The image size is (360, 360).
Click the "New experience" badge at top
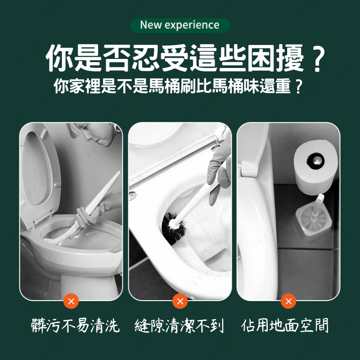coord(180,25)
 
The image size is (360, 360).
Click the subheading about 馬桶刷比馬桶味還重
coord(178,86)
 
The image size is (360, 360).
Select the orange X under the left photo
coord(71,301)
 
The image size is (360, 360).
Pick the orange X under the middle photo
coord(180,301)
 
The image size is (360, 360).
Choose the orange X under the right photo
coord(288,301)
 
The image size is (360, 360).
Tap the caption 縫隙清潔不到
coord(179,325)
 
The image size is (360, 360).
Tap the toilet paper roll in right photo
coord(316,162)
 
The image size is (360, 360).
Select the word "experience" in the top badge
coord(192,25)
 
